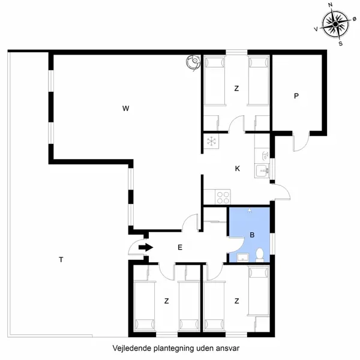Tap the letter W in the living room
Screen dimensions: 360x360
[125, 109]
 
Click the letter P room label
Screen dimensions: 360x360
[296, 96]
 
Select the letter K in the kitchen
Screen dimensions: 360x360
[238, 169]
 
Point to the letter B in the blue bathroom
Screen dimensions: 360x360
[253, 235]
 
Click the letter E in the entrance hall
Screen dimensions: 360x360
[179, 247]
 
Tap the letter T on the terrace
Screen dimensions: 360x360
[61, 260]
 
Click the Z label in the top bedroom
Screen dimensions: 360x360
[236, 89]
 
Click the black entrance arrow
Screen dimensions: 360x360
[145, 247]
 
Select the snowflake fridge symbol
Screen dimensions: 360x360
[212, 142]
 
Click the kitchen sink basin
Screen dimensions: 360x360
[263, 171]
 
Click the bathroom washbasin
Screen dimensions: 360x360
[241, 258]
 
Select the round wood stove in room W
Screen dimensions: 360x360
[193, 62]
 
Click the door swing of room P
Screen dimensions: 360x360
[299, 142]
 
